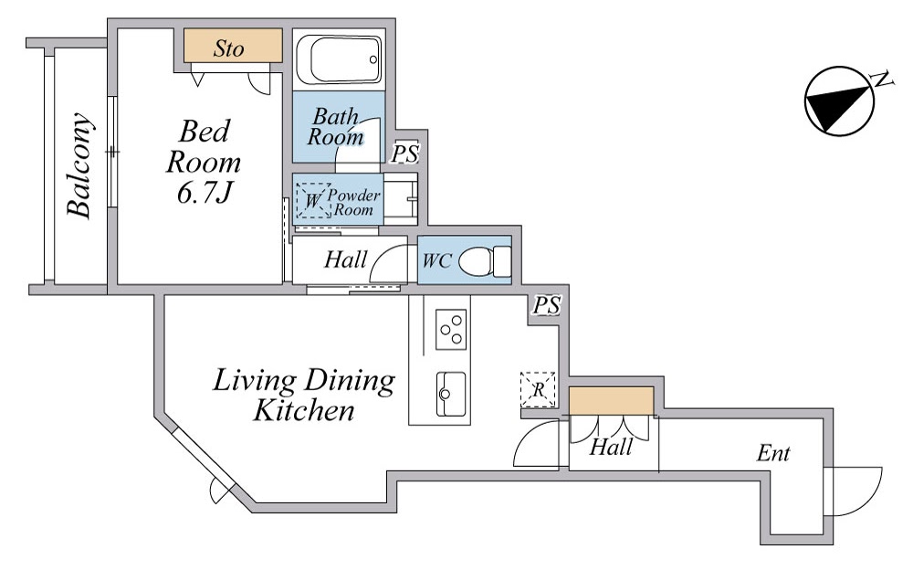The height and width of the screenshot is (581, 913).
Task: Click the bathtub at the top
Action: tap(339, 59)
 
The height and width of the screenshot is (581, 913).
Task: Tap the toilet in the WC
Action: tap(485, 261)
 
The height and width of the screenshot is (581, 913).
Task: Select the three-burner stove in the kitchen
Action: tap(451, 330)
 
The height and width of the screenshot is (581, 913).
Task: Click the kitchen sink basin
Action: tap(451, 394)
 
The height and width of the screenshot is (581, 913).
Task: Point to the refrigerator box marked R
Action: tap(538, 390)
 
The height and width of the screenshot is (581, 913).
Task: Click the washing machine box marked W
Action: tap(313, 200)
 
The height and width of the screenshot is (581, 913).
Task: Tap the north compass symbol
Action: tap(840, 100)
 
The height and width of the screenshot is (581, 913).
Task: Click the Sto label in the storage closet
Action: tap(228, 48)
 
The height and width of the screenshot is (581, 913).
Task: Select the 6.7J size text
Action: tap(205, 192)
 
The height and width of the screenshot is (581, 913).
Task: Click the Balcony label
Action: tap(79, 165)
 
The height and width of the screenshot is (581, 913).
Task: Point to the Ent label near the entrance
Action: tap(773, 453)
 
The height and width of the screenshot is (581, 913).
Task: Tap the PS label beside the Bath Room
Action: tap(404, 153)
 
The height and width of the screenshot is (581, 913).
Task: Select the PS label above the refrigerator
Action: tap(547, 305)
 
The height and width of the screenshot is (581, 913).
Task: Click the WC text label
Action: tap(436, 260)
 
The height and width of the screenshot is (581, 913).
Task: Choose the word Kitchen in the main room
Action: tap(304, 410)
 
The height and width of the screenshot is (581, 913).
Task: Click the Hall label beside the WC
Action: tap(346, 259)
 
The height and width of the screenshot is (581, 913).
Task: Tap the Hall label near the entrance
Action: tap(611, 447)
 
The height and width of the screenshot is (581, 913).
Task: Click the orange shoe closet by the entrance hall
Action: tap(611, 401)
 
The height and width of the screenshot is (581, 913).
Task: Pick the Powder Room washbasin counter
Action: tap(401, 199)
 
